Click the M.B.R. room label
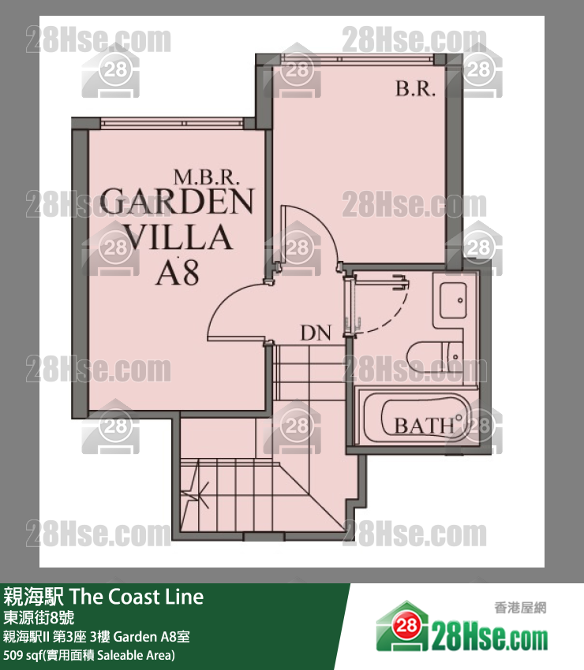[x=206, y=177]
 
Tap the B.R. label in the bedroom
[x=415, y=89]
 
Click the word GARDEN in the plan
[x=177, y=201]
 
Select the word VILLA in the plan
[x=178, y=236]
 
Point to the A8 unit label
[x=178, y=273]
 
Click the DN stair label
[x=316, y=333]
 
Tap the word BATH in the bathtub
[x=424, y=426]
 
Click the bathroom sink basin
[x=453, y=300]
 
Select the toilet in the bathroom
[x=434, y=357]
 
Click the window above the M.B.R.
[x=172, y=123]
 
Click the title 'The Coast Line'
[x=137, y=597]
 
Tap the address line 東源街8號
[x=39, y=617]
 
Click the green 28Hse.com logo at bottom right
[x=462, y=628]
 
